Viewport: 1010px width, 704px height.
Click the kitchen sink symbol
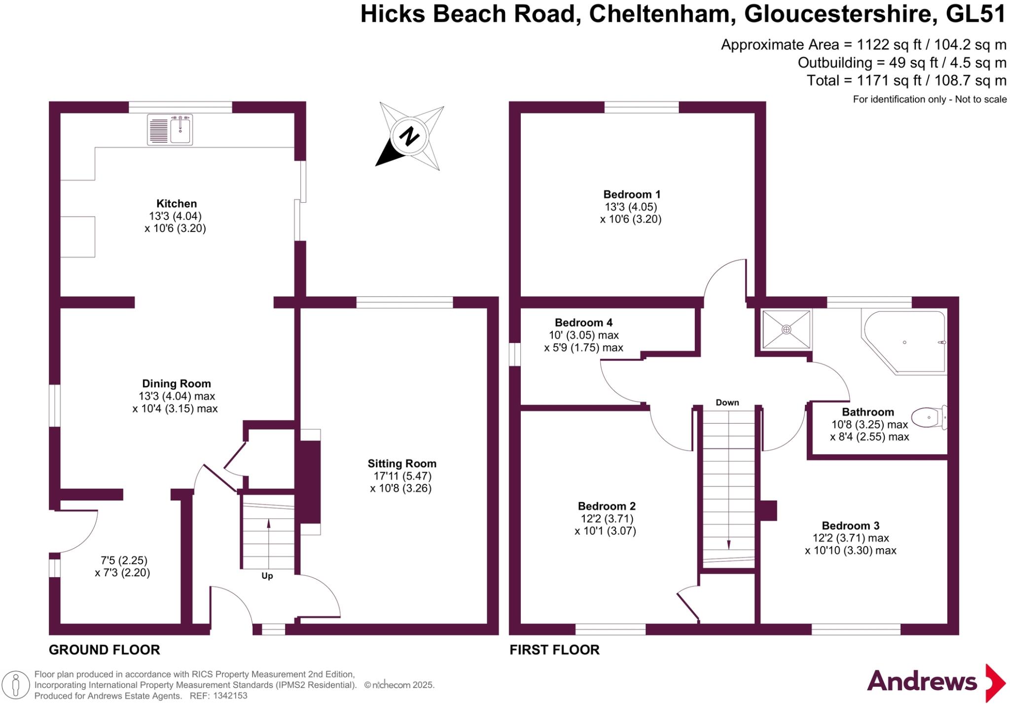pos(170,130)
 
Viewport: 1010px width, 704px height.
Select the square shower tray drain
pos(786,329)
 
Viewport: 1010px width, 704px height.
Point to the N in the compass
pos(409,137)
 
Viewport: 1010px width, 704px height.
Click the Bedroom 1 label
pos(632,194)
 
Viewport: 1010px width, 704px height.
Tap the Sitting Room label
pos(402,464)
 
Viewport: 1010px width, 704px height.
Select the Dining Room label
pos(176,384)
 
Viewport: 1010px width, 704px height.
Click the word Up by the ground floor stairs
pos(267,576)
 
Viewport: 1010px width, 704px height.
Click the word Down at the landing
pos(727,403)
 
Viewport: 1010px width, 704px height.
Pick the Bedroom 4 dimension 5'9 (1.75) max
pos(583,348)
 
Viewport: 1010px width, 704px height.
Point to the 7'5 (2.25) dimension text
pos(124,560)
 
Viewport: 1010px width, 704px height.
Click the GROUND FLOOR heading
pos(105,650)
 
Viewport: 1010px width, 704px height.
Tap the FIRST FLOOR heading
pos(554,650)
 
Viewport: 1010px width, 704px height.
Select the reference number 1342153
pos(229,696)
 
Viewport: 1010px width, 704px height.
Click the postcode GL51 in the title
pos(975,14)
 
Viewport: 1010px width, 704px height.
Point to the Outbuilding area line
pos(902,63)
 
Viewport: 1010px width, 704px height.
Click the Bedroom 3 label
pos(850,526)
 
